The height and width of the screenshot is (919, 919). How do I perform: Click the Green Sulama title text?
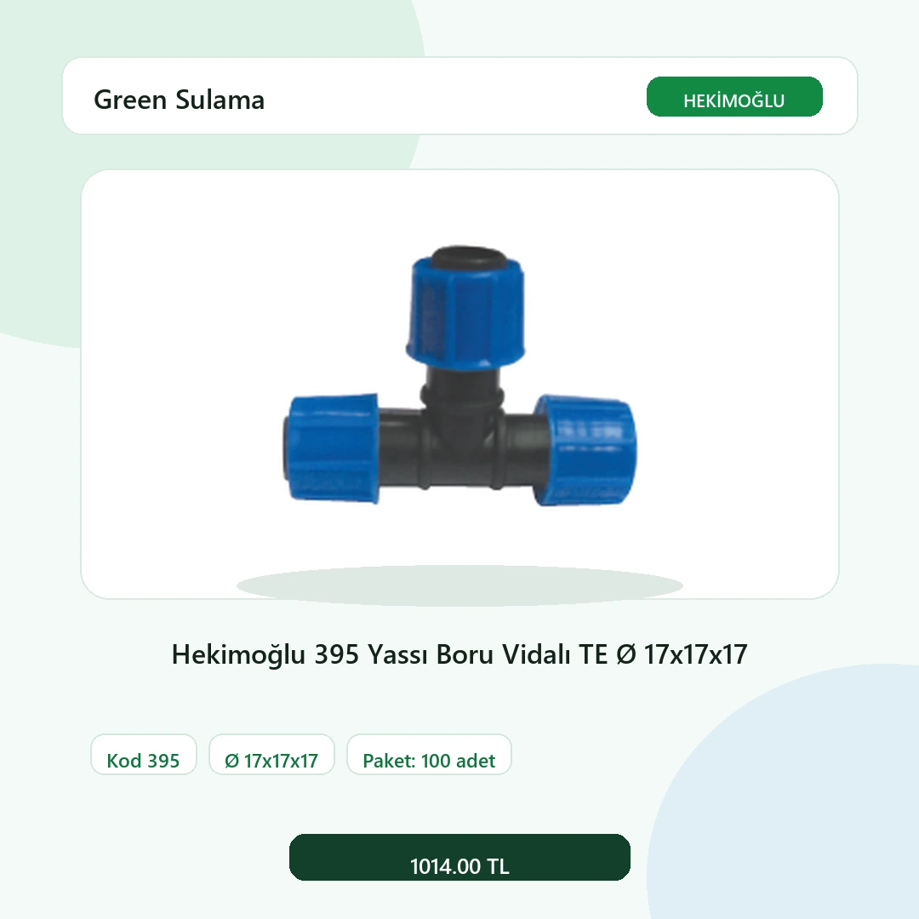coord(180,100)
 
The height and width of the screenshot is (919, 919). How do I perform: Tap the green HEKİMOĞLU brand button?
coord(734,97)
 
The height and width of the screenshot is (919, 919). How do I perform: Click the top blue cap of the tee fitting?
coord(466,311)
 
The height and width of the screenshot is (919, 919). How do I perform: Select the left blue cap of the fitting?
coord(333,448)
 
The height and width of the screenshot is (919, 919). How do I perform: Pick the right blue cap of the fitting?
coord(585,450)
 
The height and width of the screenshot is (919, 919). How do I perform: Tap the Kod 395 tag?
coord(144,754)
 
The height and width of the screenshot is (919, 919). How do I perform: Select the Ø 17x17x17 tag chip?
coord(272,754)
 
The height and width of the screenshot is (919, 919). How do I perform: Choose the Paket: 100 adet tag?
coord(429,754)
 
